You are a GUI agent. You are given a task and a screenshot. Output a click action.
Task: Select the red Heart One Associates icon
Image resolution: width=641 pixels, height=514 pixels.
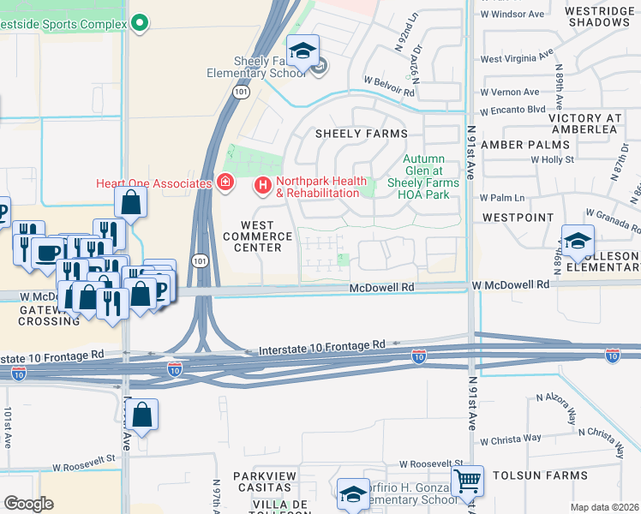tap(225, 183)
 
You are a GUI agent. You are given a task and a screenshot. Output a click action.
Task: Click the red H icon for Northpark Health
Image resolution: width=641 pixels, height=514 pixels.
tap(263, 184)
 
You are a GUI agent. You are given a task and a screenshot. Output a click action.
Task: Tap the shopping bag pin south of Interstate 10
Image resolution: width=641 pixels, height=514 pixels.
tap(145, 415)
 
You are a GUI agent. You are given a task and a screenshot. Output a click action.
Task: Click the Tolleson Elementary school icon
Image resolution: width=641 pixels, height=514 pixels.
tap(578, 241)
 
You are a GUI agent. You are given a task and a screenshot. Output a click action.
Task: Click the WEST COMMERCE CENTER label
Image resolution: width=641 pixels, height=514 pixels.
tap(252, 236)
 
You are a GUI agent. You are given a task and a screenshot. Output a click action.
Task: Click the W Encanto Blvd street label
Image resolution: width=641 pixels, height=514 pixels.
tap(512, 110)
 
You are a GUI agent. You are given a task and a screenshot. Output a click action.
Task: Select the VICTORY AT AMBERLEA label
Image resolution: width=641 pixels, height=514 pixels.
tap(595, 123)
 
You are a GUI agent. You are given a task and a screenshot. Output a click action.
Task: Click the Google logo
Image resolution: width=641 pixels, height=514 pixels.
tap(28, 504)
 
